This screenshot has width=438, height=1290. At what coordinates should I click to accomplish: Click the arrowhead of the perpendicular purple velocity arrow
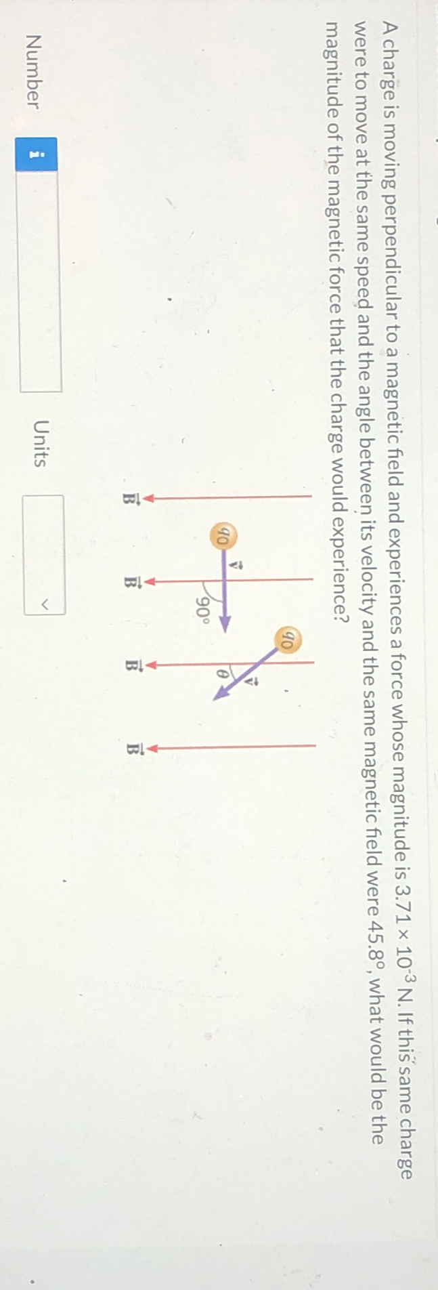(224, 621)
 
